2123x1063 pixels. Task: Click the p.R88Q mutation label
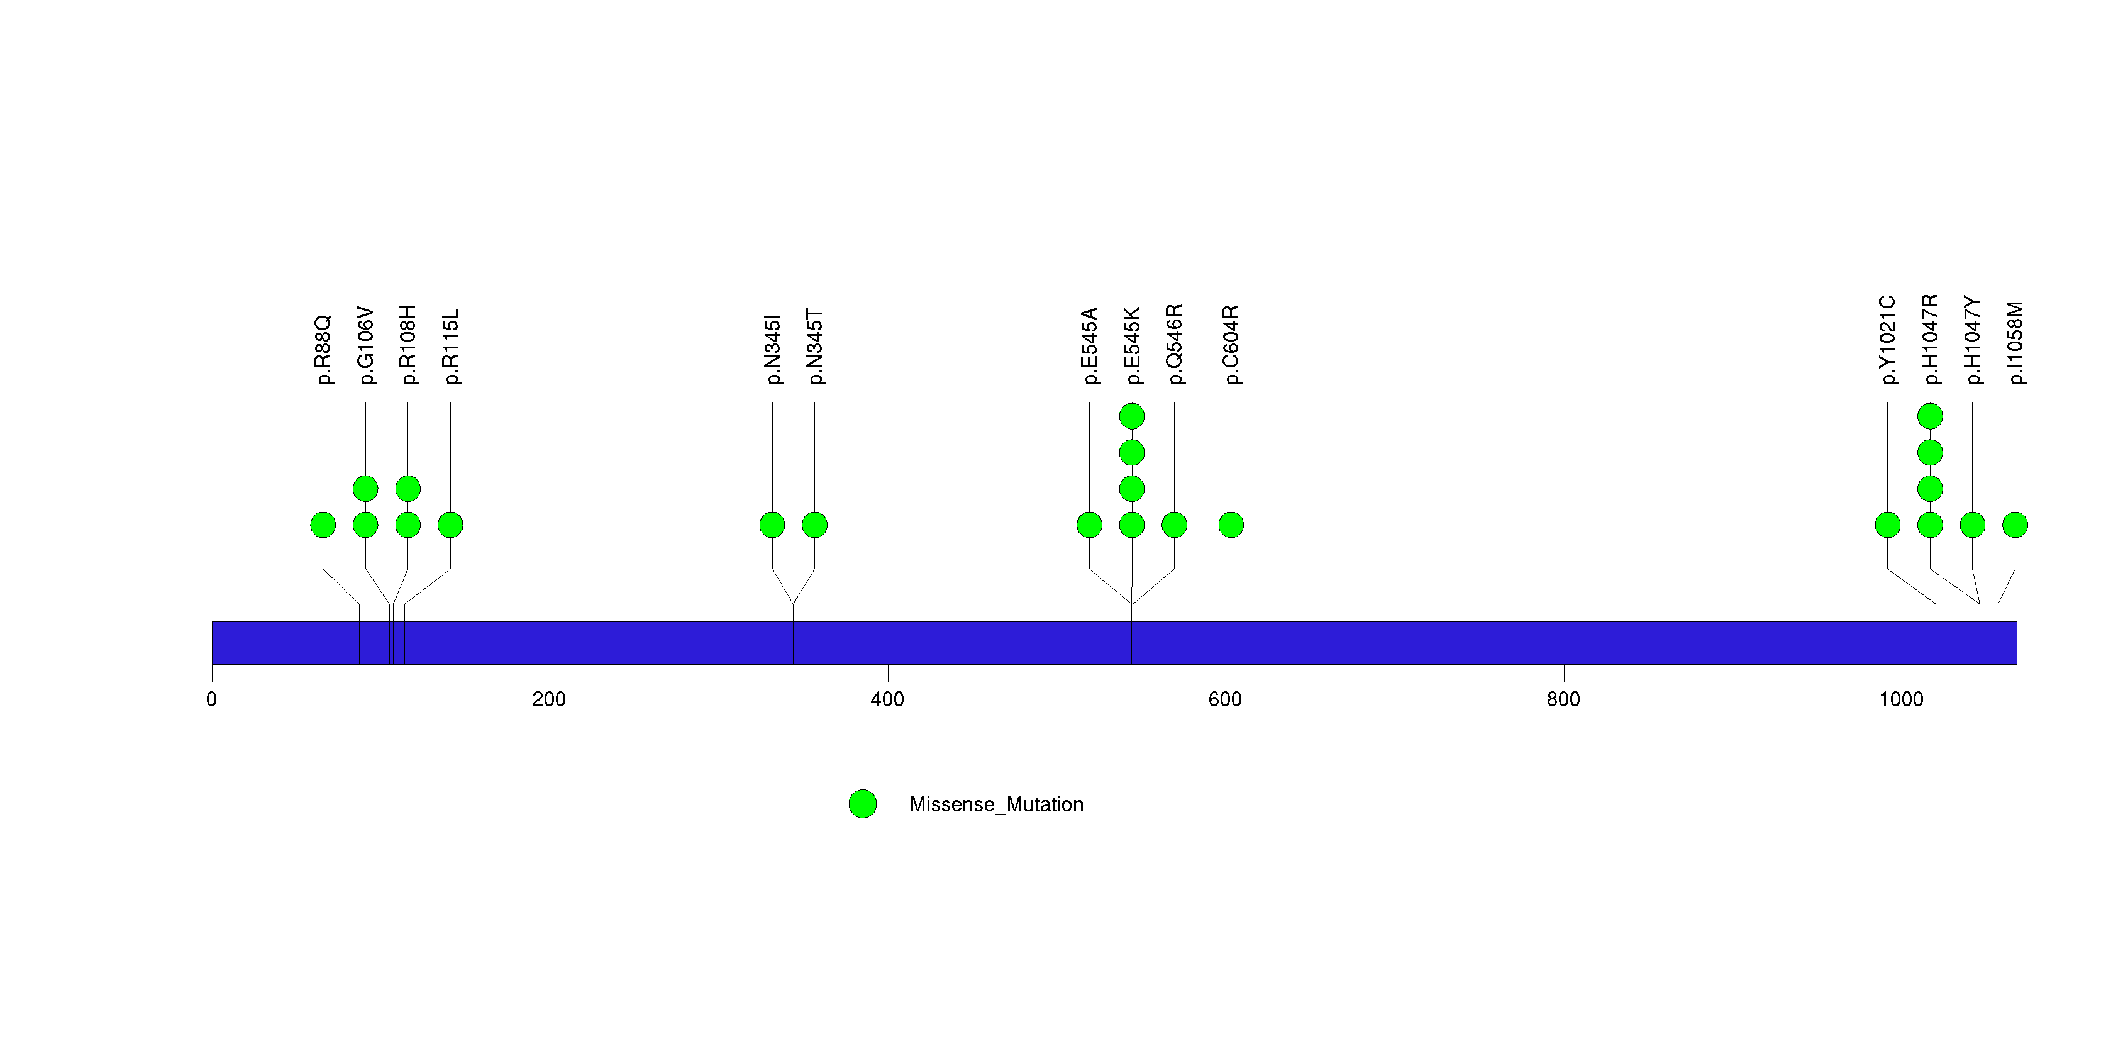pos(323,349)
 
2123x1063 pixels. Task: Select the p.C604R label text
pos(1231,345)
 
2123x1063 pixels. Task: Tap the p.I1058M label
pos(2015,343)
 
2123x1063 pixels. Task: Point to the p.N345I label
pos(772,349)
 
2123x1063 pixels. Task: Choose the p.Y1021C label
pos(1887,340)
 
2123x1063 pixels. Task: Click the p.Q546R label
pos(1175,345)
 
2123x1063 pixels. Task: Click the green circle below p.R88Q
pos(323,525)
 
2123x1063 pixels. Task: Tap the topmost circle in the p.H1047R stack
pos(1930,416)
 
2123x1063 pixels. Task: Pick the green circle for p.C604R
pos(1231,525)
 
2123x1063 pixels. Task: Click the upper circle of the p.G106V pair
pos(365,489)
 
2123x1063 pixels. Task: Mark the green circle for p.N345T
pos(814,525)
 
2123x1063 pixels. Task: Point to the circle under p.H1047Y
pos(1972,525)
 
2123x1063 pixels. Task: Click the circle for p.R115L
pos(450,525)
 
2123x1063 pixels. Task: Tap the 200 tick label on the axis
pos(549,699)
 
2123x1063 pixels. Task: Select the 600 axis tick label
pos(1226,699)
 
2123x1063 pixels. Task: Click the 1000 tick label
pos(1901,699)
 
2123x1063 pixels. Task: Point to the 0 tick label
pos(212,699)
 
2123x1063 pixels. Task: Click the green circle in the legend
pos(863,804)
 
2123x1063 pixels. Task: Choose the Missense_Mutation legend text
pos(996,805)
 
